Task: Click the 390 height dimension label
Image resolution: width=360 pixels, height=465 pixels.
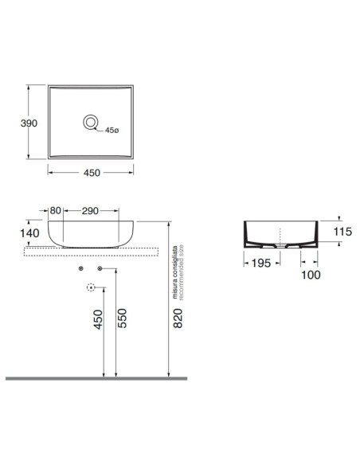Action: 29,123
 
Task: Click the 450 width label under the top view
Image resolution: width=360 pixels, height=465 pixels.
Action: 92,173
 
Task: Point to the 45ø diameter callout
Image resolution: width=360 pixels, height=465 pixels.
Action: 112,131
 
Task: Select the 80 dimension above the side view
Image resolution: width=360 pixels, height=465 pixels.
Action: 56,210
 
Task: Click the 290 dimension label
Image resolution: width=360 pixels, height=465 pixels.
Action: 90,211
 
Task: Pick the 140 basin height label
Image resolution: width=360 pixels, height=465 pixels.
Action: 29,233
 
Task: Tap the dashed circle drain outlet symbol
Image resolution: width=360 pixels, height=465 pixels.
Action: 91,287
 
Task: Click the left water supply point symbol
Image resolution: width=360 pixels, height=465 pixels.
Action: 80,268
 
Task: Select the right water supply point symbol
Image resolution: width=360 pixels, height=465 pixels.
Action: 100,268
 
